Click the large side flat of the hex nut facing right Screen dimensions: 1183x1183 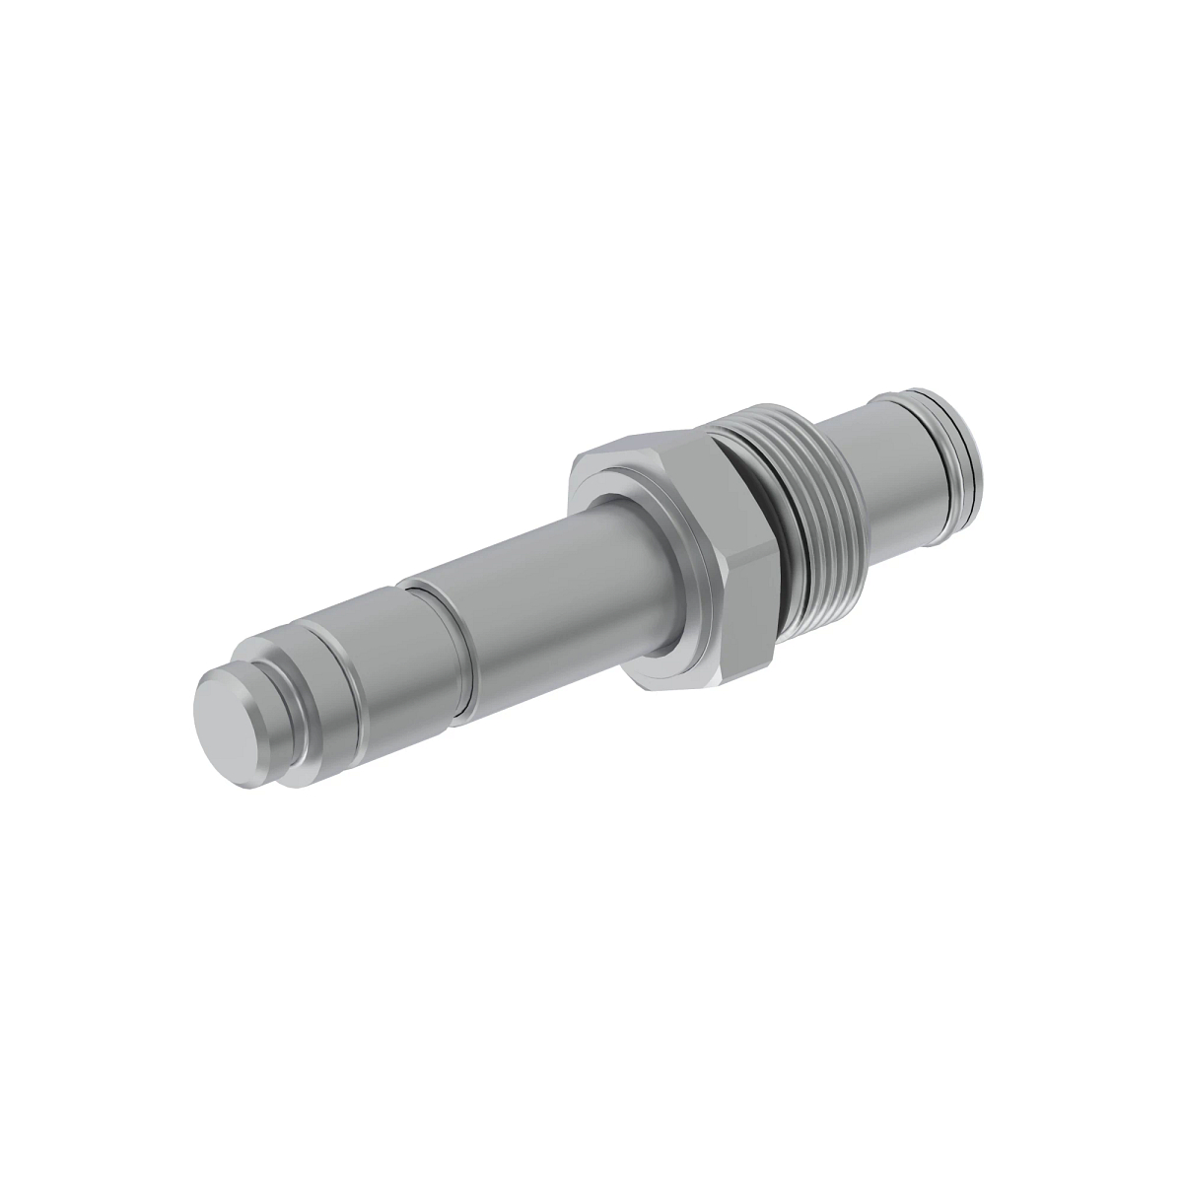click(744, 552)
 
